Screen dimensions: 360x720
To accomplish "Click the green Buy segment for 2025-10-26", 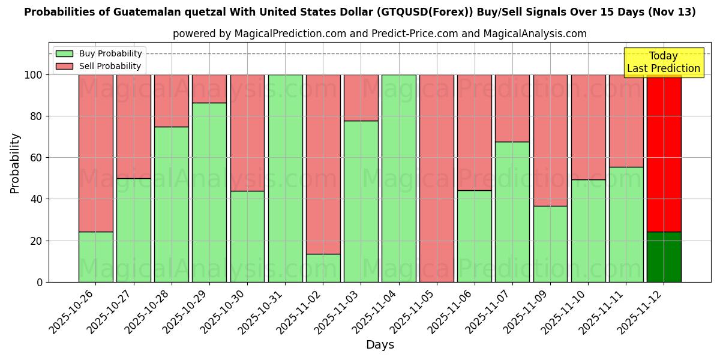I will coord(95,257).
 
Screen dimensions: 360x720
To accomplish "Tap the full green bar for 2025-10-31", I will coord(285,178).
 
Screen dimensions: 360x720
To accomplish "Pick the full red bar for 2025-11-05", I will coord(437,178).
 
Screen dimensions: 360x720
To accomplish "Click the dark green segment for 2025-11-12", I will coord(664,257).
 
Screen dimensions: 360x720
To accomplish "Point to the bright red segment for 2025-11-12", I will coord(664,153).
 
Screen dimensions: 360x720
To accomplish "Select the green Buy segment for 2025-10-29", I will coord(209,192).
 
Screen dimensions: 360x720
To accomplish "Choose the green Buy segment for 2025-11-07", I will coord(512,212).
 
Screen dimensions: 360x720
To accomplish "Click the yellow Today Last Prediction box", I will coord(664,62).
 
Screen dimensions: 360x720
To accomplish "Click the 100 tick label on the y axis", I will coord(33,75).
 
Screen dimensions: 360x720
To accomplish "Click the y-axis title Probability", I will coord(15,163).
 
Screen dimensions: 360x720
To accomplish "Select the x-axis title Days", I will coord(380,345).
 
